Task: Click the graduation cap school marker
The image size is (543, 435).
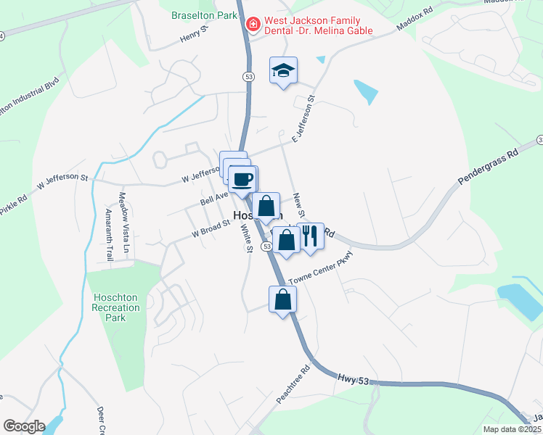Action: [x=283, y=70]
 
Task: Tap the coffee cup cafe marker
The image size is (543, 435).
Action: [x=242, y=178]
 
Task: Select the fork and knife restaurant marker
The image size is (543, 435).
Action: [x=310, y=235]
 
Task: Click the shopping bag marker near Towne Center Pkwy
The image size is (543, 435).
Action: [x=282, y=298]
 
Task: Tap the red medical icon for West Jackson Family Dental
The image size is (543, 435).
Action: [x=253, y=25]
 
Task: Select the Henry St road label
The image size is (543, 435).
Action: [x=195, y=36]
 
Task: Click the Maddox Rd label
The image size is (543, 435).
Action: [x=415, y=20]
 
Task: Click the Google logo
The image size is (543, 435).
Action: [x=24, y=426]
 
